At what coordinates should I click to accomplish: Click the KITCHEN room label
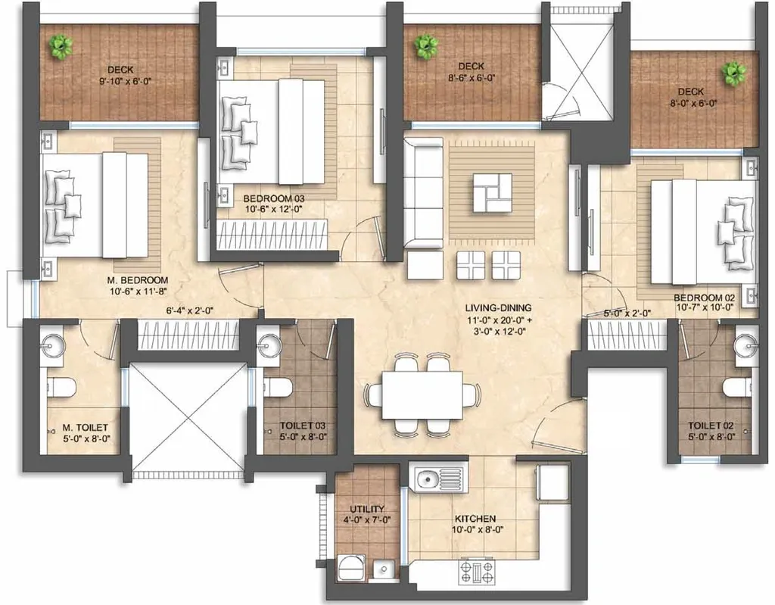475,519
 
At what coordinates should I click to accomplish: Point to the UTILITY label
367,509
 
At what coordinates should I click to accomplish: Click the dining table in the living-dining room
422,395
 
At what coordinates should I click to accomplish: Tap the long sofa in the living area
422,193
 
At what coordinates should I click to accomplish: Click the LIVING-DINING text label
499,308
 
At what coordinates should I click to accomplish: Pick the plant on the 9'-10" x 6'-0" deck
60,47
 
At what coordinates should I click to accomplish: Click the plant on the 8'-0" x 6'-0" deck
732,73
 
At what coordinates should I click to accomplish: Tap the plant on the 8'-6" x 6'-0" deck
425,48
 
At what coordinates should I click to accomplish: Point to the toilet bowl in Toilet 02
737,388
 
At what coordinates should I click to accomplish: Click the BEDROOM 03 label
273,198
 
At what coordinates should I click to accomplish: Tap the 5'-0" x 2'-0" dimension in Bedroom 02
627,313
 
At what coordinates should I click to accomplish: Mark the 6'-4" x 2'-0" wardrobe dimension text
189,310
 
